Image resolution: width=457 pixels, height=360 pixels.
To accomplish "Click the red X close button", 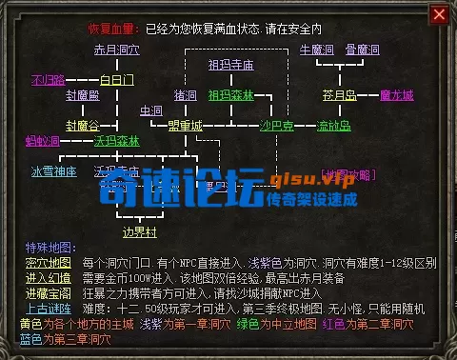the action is [439, 14].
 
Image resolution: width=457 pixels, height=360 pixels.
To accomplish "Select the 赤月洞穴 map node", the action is [116, 50].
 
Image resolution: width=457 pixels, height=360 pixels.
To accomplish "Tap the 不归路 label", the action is [48, 79].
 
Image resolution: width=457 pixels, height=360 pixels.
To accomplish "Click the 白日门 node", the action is [116, 79].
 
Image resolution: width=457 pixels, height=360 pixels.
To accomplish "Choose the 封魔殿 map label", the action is [83, 96].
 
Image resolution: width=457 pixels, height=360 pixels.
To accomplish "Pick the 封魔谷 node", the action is [83, 125].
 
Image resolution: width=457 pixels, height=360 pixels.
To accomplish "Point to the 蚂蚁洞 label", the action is [43, 142].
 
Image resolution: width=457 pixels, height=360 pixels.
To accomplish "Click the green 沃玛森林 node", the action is [116, 142].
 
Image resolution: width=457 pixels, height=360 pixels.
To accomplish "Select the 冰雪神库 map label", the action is [53, 172].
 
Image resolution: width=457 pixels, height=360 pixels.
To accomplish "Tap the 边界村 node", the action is [138, 230].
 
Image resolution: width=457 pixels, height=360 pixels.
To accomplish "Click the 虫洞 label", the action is [151, 111].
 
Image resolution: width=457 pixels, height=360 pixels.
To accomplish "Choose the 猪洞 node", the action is [185, 96].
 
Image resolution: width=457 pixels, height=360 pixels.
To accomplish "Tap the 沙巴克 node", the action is [276, 125].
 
